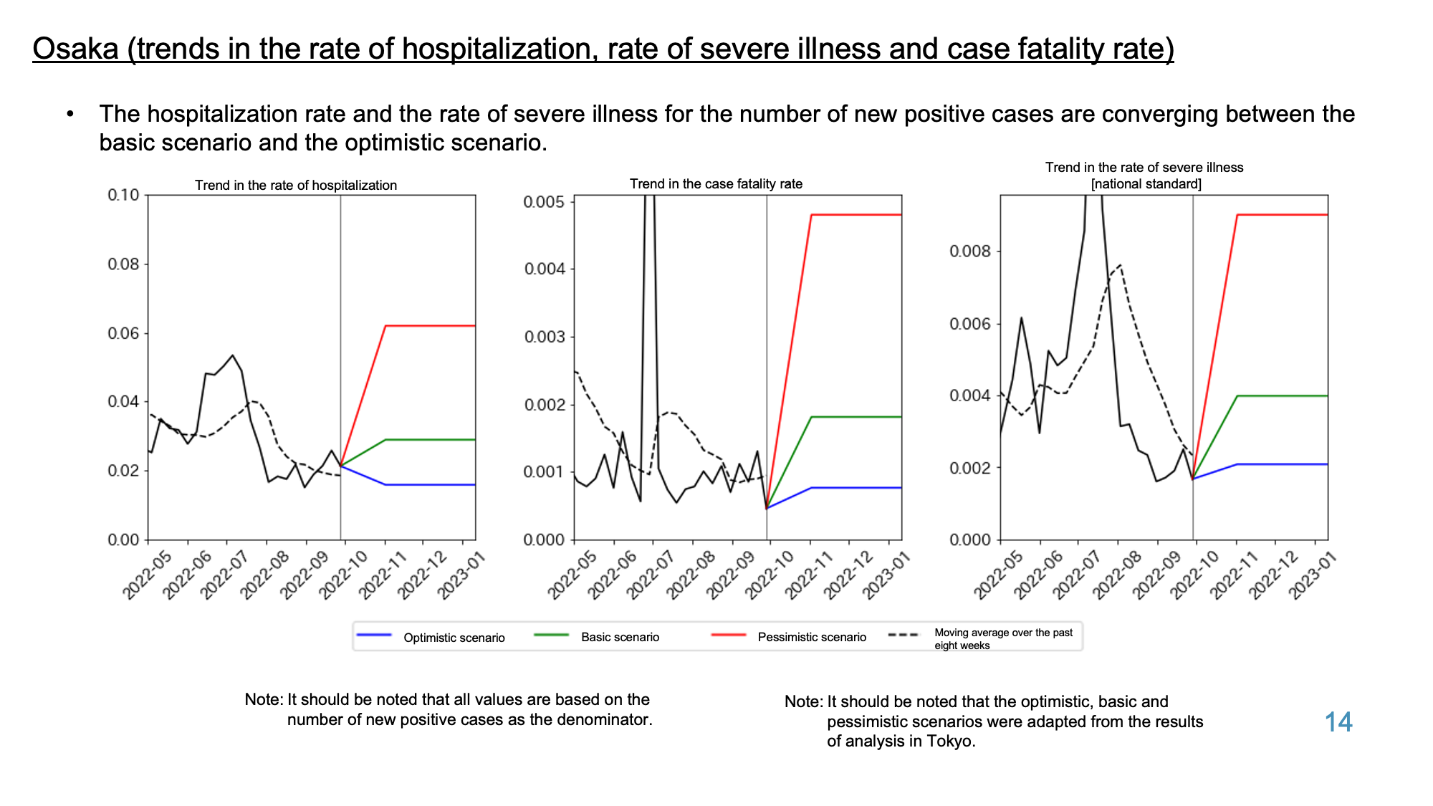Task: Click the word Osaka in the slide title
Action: tap(75, 49)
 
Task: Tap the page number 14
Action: tap(1338, 721)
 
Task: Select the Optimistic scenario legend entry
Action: tap(431, 637)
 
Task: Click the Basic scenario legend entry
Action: tap(597, 637)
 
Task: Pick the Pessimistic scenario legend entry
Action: tap(788, 637)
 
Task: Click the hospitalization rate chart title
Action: tap(296, 185)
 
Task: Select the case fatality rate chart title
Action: tap(716, 183)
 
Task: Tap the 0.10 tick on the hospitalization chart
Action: tap(123, 195)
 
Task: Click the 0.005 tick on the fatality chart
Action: tap(544, 201)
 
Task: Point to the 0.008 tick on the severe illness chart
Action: tap(970, 251)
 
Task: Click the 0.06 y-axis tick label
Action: tap(123, 333)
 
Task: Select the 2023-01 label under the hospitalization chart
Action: tap(461, 575)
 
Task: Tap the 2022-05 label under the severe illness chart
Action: tap(997, 575)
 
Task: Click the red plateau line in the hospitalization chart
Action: tap(431, 326)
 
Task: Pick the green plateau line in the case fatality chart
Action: tap(856, 417)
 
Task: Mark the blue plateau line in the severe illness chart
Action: tap(1283, 464)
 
